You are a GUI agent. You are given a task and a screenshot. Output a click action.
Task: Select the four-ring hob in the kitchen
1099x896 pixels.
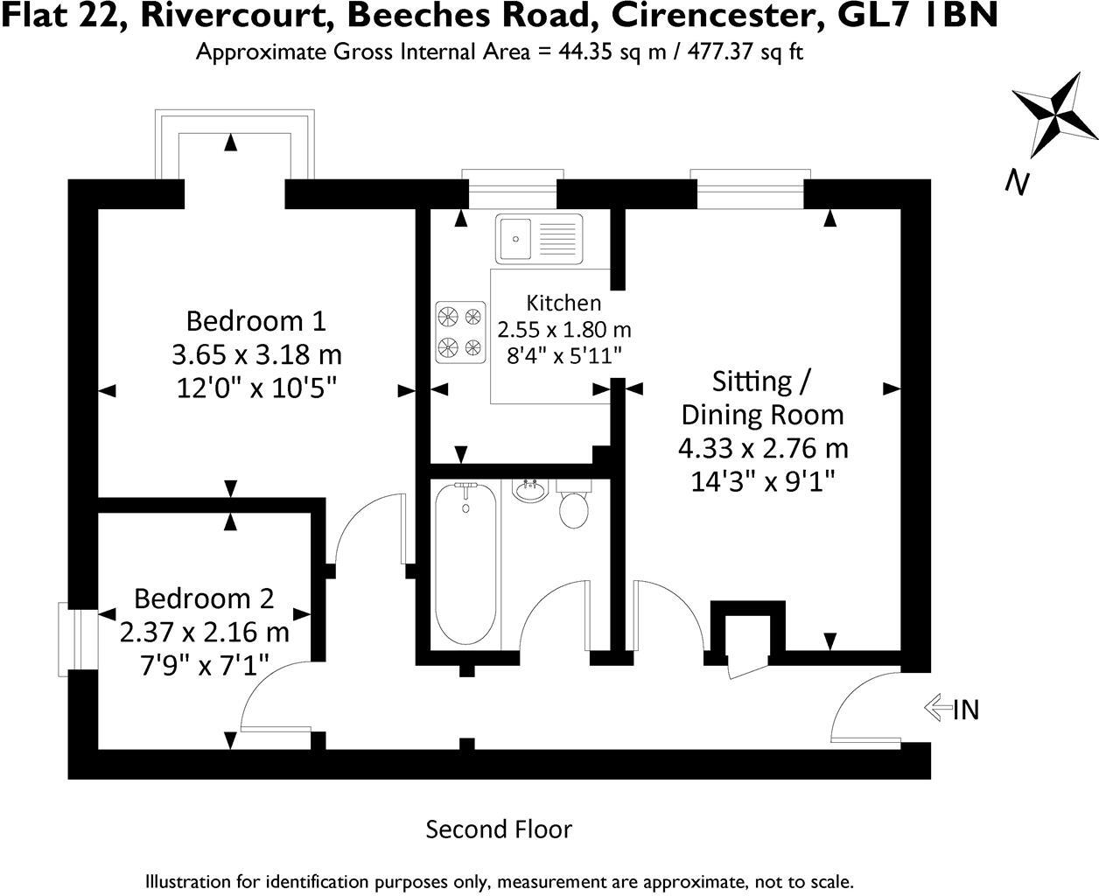[460, 332]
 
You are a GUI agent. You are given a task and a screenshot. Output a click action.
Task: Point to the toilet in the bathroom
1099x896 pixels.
[574, 507]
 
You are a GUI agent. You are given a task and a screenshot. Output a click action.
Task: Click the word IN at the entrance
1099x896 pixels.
[965, 710]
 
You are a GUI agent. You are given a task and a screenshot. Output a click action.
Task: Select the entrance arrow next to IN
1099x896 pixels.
[937, 708]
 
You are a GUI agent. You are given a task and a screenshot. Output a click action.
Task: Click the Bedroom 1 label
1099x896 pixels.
[255, 320]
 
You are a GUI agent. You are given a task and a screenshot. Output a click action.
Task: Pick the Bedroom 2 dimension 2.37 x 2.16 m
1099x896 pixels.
[204, 631]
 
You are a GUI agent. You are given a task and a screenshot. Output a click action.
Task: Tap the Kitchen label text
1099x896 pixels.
[563, 303]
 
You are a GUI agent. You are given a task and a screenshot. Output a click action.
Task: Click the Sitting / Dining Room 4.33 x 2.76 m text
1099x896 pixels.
[763, 448]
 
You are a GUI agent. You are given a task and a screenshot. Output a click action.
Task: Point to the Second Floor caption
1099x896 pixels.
[499, 829]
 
